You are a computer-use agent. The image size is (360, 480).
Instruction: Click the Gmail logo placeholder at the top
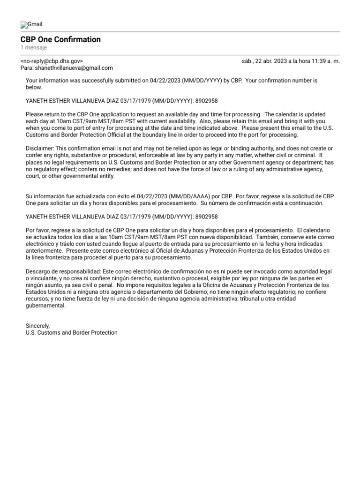point(31,24)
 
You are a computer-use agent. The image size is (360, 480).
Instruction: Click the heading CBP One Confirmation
point(60,40)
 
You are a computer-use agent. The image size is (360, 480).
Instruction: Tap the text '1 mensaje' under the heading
point(33,48)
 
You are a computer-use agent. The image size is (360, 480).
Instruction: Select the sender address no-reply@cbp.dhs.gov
point(52,61)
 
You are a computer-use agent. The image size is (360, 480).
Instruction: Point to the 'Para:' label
point(27,68)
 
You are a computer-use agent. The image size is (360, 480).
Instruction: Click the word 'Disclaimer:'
point(40,148)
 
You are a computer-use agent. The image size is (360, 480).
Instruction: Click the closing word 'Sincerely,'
point(37,326)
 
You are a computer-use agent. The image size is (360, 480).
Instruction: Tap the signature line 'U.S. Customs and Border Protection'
point(71,332)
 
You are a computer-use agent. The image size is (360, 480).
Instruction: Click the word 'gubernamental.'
point(45,306)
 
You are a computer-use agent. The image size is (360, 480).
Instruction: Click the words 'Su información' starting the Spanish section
point(46,196)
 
